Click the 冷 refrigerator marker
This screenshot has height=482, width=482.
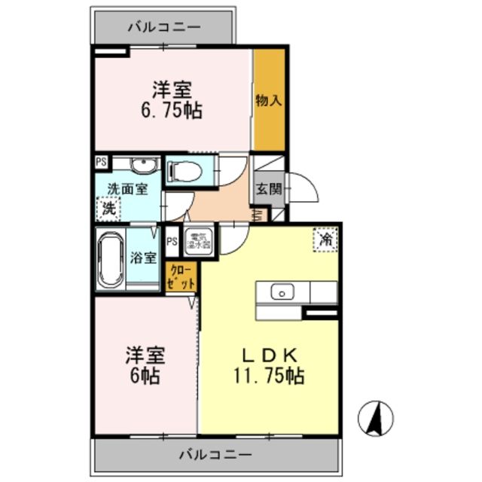tap(325, 240)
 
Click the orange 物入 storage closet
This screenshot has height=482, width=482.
tap(268, 100)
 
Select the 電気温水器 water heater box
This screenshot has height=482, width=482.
tap(199, 239)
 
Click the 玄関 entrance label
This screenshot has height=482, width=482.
tap(268, 189)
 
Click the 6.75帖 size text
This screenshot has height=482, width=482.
tap(172, 111)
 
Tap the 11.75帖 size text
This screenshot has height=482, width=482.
tap(272, 377)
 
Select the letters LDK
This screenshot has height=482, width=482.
tap(272, 355)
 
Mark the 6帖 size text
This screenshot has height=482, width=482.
tap(143, 377)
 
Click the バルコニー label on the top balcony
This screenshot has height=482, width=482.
tap(163, 27)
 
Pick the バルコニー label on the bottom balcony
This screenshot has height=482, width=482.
tap(215, 455)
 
